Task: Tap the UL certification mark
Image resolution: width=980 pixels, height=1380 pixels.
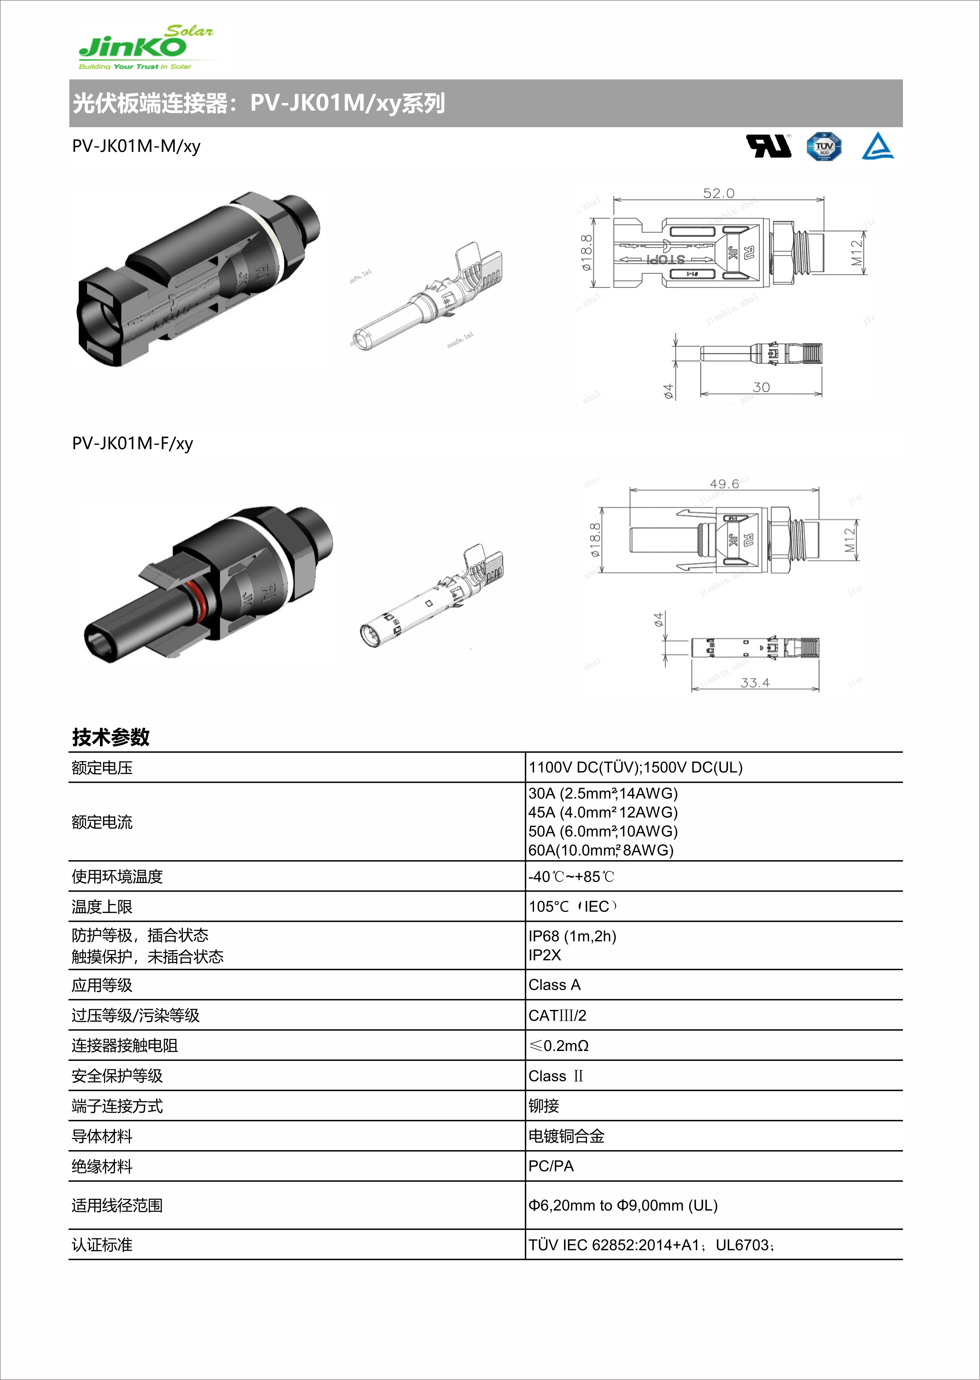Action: pyautogui.click(x=768, y=146)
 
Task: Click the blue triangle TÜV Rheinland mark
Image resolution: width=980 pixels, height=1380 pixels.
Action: pyautogui.click(x=877, y=147)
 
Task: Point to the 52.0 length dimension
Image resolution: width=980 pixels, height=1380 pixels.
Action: pyautogui.click(x=718, y=193)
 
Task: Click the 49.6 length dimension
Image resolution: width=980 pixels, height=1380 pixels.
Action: pyautogui.click(x=724, y=484)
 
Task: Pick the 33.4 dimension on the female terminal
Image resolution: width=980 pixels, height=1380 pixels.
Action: pyautogui.click(x=755, y=682)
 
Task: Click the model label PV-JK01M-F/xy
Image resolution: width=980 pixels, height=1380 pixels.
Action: pyautogui.click(x=132, y=444)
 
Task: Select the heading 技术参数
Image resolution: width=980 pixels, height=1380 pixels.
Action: pyautogui.click(x=111, y=737)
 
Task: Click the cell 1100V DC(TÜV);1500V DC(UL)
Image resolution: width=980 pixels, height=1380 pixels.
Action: pyautogui.click(x=636, y=767)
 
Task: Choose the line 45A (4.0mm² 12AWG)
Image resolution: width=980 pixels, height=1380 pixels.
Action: pyautogui.click(x=603, y=812)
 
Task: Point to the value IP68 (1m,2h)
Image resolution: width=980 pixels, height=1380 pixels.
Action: pyautogui.click(x=572, y=936)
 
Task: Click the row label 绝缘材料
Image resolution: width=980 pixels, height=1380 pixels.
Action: pyautogui.click(x=102, y=1166)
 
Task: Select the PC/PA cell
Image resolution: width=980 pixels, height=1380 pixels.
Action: pyautogui.click(x=551, y=1166)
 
